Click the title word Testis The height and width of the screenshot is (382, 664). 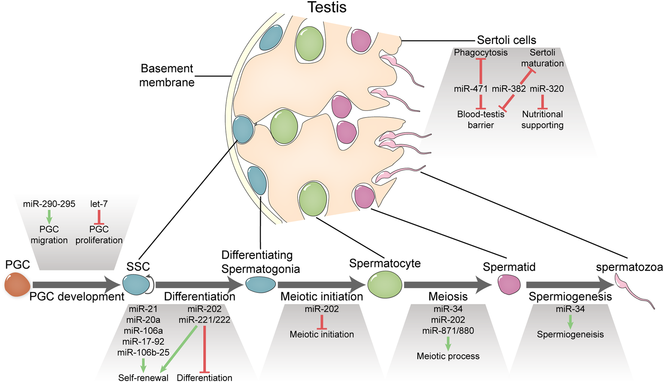click(x=327, y=7)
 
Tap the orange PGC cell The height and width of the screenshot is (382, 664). click(x=17, y=285)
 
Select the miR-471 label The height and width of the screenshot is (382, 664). click(x=471, y=89)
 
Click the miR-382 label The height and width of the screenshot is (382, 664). click(x=508, y=89)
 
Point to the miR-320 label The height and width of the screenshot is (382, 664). click(x=547, y=89)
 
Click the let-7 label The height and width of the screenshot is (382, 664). click(x=99, y=204)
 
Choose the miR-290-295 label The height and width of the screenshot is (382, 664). click(x=49, y=204)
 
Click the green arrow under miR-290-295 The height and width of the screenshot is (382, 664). click(x=49, y=217)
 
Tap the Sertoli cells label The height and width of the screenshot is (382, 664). click(x=506, y=40)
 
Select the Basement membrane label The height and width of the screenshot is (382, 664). click(x=167, y=75)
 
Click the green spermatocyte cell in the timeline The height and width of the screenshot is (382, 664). click(x=385, y=285)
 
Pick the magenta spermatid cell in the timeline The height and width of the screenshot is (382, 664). click(x=509, y=284)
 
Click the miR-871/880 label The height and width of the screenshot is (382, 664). click(x=448, y=331)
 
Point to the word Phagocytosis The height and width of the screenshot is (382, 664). click(x=480, y=53)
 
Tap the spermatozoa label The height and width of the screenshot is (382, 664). click(x=629, y=267)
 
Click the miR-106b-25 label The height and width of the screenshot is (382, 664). click(x=143, y=352)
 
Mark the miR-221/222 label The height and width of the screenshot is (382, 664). click(x=204, y=320)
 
